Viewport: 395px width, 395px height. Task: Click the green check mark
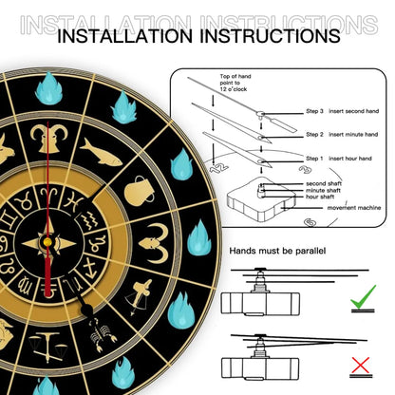(363, 297)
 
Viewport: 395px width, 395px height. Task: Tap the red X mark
(361, 366)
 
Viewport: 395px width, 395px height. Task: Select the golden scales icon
(46, 347)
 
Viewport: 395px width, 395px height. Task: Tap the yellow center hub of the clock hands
(47, 242)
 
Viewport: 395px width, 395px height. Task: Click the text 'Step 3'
(314, 111)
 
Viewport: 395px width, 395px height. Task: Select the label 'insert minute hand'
(353, 135)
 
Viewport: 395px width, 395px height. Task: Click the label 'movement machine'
(354, 208)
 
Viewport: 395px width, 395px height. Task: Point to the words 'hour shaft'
(320, 197)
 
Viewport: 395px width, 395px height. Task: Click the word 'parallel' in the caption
(310, 251)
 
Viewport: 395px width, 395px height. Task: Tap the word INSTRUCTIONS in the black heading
(270, 36)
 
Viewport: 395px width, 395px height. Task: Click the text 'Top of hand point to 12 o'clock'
(235, 83)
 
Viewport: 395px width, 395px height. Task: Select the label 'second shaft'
(324, 183)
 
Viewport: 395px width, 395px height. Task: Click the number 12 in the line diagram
(218, 168)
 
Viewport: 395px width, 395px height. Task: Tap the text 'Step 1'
(314, 159)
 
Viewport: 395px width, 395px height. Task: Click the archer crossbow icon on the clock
(140, 297)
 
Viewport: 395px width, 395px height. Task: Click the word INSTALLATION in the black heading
(124, 36)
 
